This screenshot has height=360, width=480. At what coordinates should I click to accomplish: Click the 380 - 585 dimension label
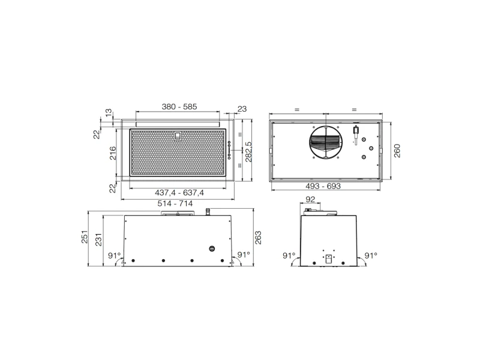click(179, 107)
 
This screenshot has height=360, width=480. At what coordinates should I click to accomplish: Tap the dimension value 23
click(242, 109)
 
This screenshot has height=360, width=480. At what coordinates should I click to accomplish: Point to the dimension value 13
click(109, 112)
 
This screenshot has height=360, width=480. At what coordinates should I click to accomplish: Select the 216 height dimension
click(113, 153)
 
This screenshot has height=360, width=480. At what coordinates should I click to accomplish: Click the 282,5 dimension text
click(248, 152)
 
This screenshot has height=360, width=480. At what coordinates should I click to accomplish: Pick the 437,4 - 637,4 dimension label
click(179, 193)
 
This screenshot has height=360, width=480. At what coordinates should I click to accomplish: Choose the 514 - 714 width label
click(175, 203)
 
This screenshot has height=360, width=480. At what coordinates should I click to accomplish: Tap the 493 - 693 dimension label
click(323, 186)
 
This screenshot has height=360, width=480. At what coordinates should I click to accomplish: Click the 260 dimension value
click(397, 151)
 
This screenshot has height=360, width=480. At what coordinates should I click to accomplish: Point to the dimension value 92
click(310, 199)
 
